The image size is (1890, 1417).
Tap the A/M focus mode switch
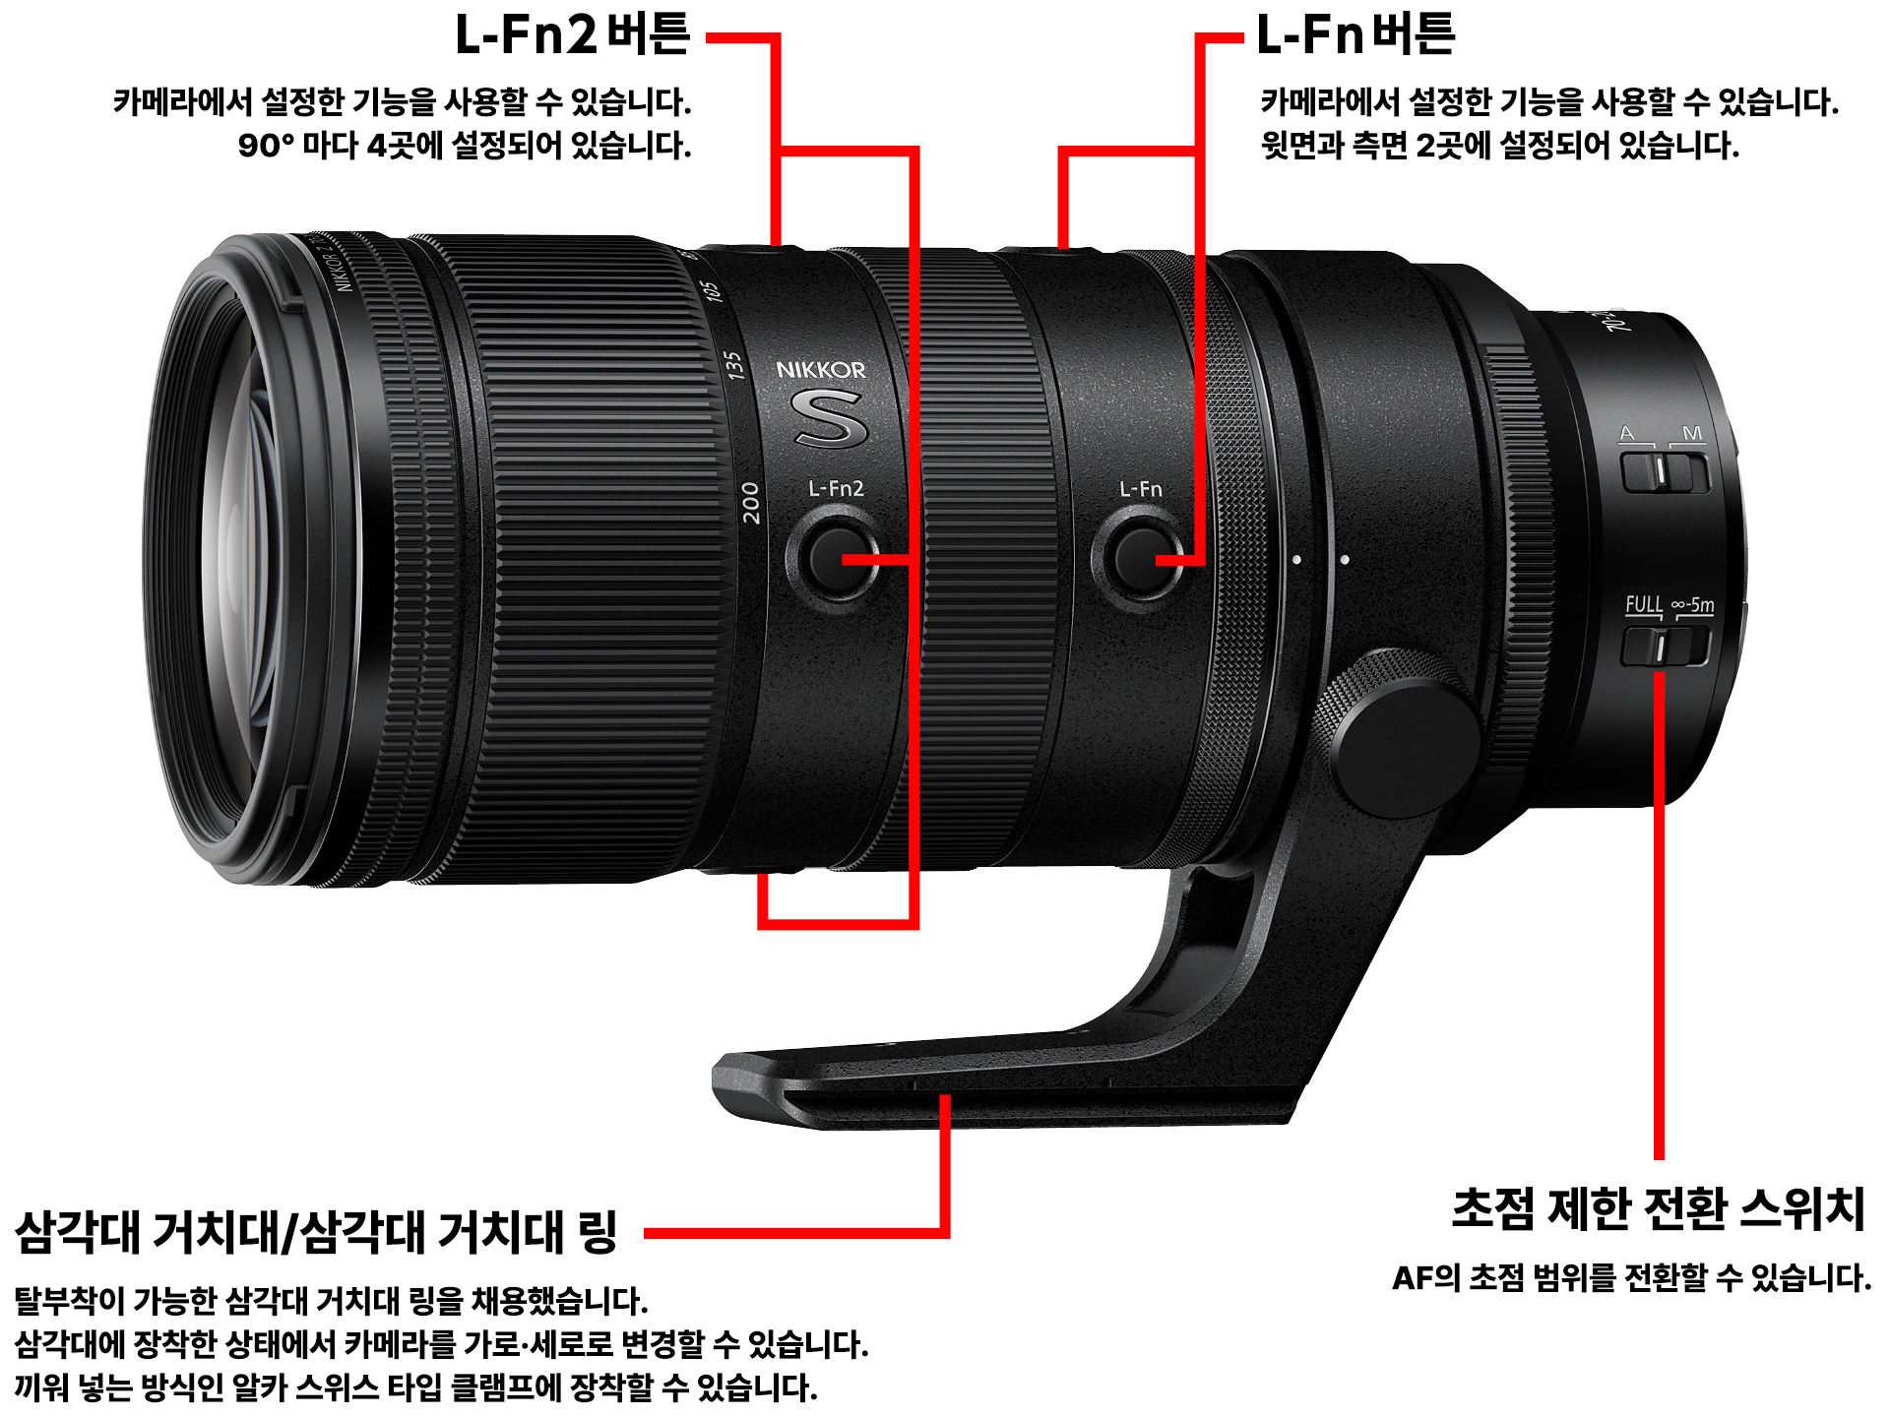tap(1666, 470)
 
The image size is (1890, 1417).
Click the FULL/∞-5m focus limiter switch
tap(1666, 647)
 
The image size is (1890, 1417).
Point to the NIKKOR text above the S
tap(821, 370)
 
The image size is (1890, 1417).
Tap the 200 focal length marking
tap(750, 503)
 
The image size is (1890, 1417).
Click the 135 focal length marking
tap(733, 364)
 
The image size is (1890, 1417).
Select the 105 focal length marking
tap(709, 291)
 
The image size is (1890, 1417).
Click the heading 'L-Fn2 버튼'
tap(572, 34)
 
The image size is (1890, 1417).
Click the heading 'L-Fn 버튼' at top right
tap(1355, 34)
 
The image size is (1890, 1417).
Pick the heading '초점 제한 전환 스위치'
tap(1659, 1208)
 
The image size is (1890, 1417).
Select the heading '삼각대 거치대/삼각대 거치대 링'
tap(316, 1232)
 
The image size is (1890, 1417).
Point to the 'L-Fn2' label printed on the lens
tap(836, 488)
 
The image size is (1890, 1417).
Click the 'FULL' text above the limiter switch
tap(1643, 604)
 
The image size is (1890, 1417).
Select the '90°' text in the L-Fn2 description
tap(266, 146)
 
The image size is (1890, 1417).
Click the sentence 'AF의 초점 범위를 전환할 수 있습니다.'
tap(1631, 1278)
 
